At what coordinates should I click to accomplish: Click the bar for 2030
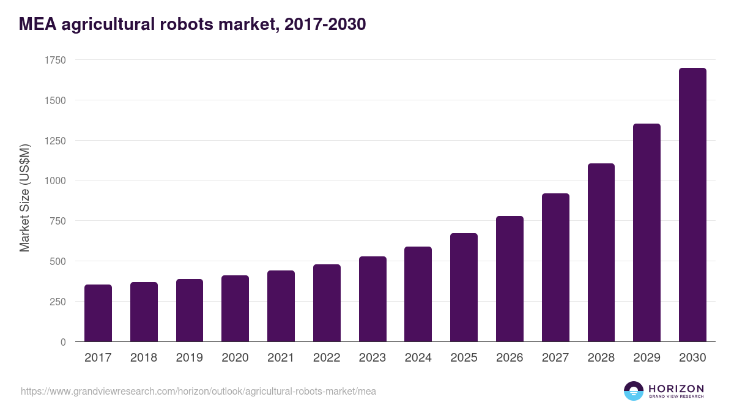tap(692, 205)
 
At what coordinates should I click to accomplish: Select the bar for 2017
tap(98, 313)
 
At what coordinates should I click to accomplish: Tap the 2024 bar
tap(418, 294)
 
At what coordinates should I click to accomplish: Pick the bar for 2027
tap(555, 267)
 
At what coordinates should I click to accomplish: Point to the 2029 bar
tap(647, 233)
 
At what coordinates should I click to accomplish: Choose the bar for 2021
tap(281, 306)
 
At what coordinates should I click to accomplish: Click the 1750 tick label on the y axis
tap(55, 60)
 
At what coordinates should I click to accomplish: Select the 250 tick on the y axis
tap(57, 302)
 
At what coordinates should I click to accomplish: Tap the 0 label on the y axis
tap(63, 342)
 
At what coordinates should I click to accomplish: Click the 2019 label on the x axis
tap(190, 358)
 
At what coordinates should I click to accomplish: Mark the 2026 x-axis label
tap(510, 358)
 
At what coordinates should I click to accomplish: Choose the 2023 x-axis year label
tap(373, 358)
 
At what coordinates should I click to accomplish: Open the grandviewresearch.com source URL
tap(198, 391)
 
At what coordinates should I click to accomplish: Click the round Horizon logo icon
tap(633, 391)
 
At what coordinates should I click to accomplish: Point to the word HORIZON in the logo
tap(676, 389)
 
